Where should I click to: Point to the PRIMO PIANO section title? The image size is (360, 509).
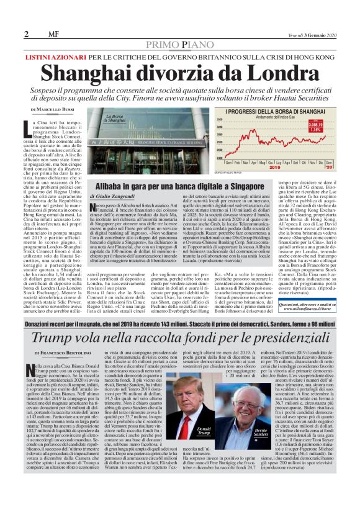[x=180, y=44]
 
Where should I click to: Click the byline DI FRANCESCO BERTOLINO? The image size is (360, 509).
[x=57, y=353]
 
